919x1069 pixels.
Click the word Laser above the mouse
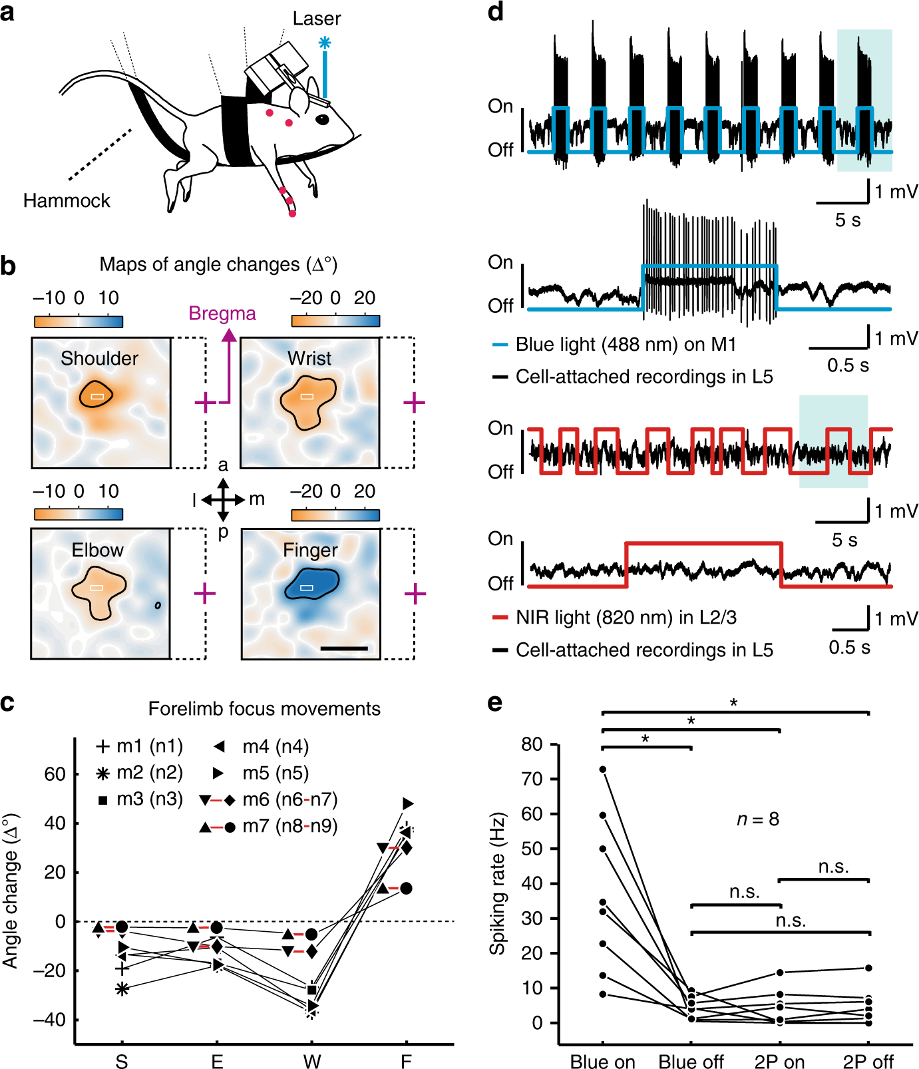tap(316, 19)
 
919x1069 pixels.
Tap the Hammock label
tap(67, 200)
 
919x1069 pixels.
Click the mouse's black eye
tap(322, 120)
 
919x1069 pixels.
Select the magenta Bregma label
tap(222, 313)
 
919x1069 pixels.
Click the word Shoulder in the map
tap(99, 358)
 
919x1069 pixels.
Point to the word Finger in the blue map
tap(310, 550)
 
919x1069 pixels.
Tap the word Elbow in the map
tap(98, 550)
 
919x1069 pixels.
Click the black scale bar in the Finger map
tap(344, 648)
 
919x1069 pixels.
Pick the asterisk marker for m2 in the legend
tap(102, 773)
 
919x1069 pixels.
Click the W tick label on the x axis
tap(312, 1061)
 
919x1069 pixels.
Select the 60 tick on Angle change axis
tap(55, 774)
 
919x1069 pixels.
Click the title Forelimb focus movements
tap(264, 708)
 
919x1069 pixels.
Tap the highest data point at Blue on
tap(603, 769)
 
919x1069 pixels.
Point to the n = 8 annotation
tap(757, 819)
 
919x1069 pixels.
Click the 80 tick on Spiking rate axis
tap(532, 744)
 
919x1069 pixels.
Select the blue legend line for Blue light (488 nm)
tap(500, 345)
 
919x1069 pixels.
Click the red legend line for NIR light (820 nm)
tap(500, 618)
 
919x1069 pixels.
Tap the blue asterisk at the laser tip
tap(324, 43)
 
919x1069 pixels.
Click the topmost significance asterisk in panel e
tap(734, 703)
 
